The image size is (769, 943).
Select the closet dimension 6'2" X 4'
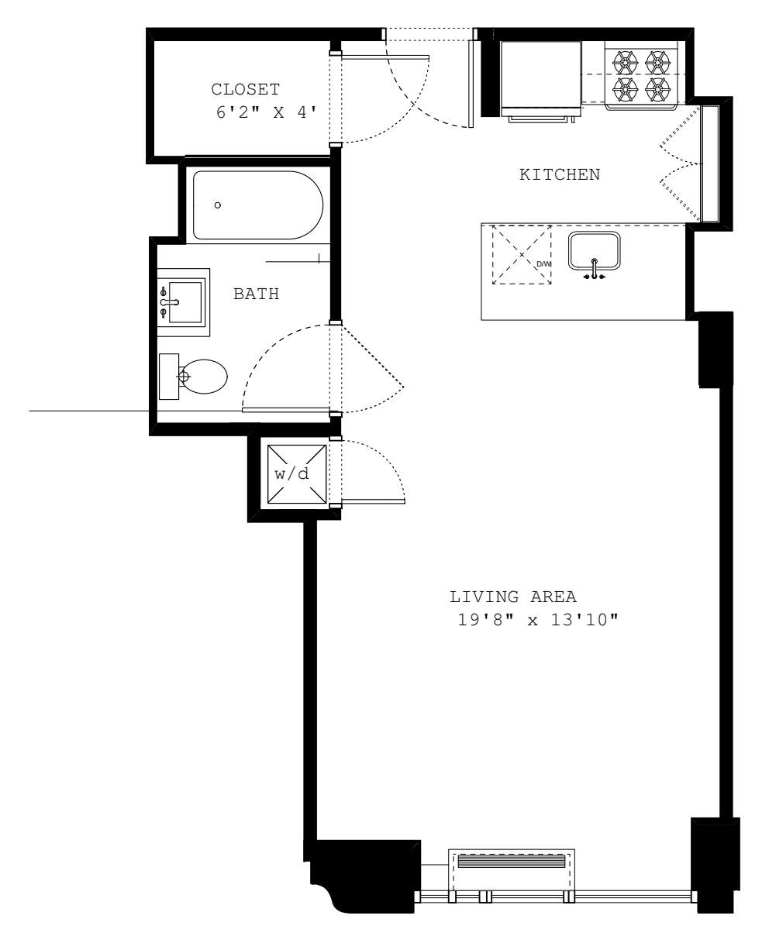click(266, 112)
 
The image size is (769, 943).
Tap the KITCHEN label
click(559, 174)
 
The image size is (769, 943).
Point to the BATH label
click(256, 294)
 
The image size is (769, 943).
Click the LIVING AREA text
click(513, 597)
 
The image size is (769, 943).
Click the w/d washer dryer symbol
click(291, 473)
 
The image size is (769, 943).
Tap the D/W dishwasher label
click(543, 264)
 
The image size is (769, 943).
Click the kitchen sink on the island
click(594, 250)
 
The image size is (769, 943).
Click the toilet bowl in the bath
click(203, 377)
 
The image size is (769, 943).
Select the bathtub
click(257, 205)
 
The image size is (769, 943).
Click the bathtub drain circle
click(218, 205)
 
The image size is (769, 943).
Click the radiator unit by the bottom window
click(512, 862)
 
